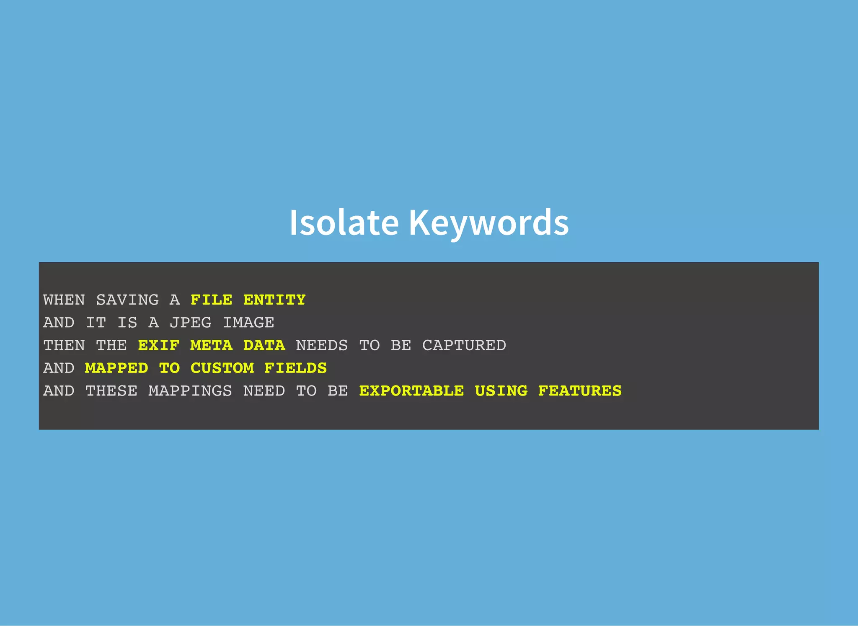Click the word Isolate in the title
[x=344, y=222]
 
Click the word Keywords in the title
[x=488, y=222]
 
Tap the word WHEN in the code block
[x=64, y=300]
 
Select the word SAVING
[x=127, y=300]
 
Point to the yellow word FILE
[x=211, y=300]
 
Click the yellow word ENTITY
[x=274, y=300]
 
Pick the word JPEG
[x=191, y=323]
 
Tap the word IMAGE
[x=248, y=323]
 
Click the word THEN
[x=64, y=345]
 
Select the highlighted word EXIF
[x=159, y=345]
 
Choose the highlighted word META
[x=211, y=345]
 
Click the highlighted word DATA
[x=264, y=345]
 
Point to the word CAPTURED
[x=464, y=345]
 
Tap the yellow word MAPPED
[x=116, y=368]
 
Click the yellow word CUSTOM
[x=222, y=368]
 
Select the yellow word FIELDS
[x=295, y=368]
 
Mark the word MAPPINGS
[x=190, y=391]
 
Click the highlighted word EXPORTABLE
[x=411, y=391]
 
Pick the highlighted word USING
[x=501, y=391]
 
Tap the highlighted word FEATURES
[x=580, y=391]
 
